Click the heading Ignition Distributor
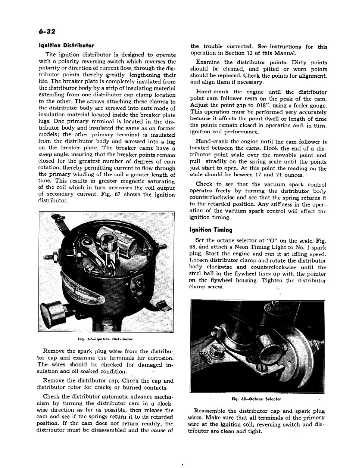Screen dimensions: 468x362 [x=66, y=46]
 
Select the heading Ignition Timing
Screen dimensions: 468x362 [x=211, y=230]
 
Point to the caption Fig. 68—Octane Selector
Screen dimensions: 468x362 [x=256, y=399]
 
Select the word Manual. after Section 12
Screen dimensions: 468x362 [x=285, y=53]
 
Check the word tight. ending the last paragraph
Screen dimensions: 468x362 [x=254, y=431]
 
